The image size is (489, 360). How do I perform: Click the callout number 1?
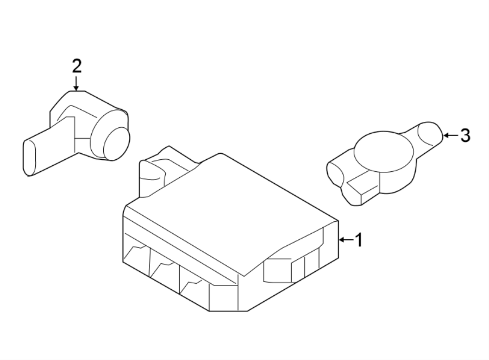pos(358,239)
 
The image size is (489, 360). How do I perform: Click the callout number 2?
pos(77,66)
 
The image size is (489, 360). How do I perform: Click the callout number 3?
pos(465,135)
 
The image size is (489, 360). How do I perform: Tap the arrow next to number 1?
pos(346,239)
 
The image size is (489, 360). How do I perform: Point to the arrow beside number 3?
pos(450,135)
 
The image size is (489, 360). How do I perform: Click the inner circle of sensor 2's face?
pos(115,144)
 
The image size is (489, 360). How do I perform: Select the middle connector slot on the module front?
pos(164,269)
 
